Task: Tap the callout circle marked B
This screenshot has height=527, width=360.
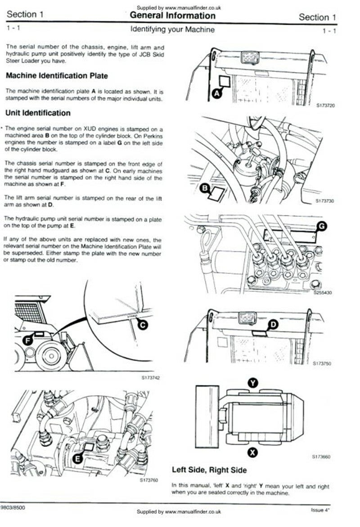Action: click(205, 188)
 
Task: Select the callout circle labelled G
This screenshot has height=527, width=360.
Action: click(322, 226)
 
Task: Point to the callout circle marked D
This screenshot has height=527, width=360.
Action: click(273, 324)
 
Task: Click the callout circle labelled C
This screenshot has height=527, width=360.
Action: click(143, 325)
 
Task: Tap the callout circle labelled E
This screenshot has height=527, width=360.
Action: click(78, 458)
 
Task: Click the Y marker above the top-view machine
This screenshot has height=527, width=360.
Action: click(252, 383)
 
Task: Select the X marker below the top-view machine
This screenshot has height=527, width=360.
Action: click(252, 452)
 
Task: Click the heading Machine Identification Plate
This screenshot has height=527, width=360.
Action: click(57, 76)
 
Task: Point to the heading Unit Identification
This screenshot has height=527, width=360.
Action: click(38, 113)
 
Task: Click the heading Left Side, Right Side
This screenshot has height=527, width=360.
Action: click(209, 470)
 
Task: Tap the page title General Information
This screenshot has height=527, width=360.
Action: click(173, 15)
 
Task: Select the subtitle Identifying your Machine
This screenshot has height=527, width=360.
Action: click(173, 30)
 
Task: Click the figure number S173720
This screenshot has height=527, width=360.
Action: click(326, 106)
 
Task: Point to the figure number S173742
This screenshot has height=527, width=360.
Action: click(150, 378)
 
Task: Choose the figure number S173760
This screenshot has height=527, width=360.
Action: click(149, 480)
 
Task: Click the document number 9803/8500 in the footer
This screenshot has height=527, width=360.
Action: click(13, 508)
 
